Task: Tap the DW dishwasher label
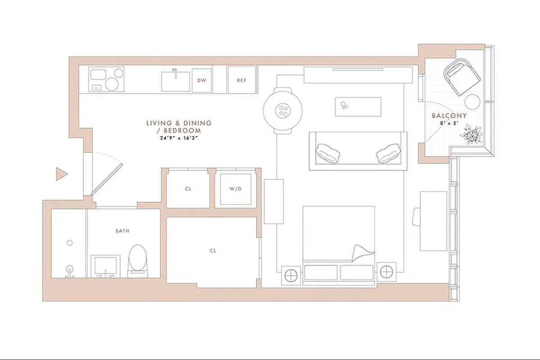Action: [x=201, y=81]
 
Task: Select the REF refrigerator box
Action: [x=242, y=81]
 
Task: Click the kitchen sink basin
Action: [x=176, y=81]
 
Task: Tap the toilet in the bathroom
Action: [x=137, y=260]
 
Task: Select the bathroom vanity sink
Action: [x=106, y=265]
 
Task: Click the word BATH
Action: [x=123, y=231]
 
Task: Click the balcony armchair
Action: [x=461, y=76]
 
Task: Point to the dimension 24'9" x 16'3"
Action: [x=178, y=138]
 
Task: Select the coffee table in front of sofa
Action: [x=358, y=107]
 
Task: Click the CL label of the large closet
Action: [x=213, y=251]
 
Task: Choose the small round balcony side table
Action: [x=473, y=102]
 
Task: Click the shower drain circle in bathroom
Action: [x=69, y=243]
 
